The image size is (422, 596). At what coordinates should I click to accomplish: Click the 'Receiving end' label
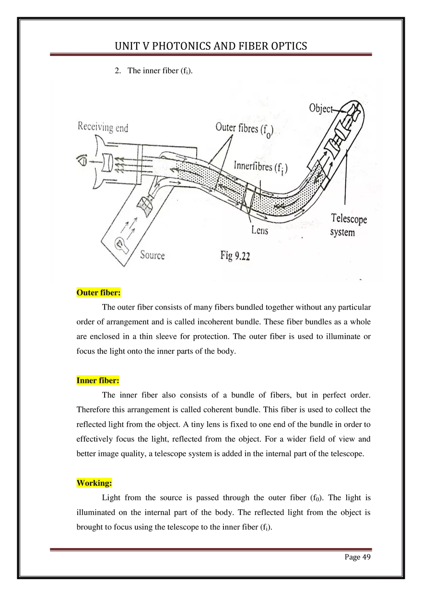coord(103,127)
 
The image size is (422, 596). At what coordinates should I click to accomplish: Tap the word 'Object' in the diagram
coord(320,109)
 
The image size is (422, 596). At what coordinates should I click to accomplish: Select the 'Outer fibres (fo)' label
coord(244,130)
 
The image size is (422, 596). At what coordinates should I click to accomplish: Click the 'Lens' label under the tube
coord(259,230)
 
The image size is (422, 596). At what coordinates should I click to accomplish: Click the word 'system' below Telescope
coord(342,232)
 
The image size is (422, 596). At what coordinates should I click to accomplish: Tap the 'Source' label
coord(152,255)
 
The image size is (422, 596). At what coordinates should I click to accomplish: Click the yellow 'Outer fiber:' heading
coord(98,292)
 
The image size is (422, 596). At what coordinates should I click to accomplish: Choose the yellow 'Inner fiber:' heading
coord(97,380)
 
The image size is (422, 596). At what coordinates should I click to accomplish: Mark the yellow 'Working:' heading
coord(94,483)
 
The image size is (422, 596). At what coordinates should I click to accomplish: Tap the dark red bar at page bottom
coord(211,550)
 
